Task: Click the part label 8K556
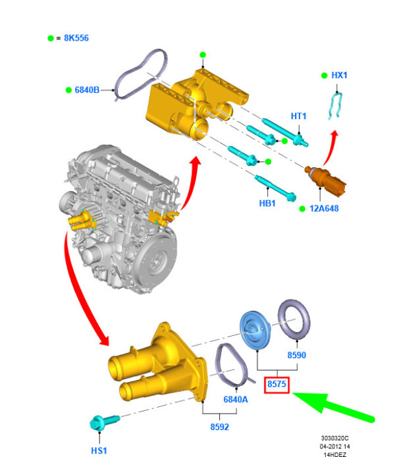click(76, 38)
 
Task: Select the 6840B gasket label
click(87, 90)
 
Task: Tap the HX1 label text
click(339, 75)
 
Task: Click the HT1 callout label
click(299, 116)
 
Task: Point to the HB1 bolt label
click(267, 203)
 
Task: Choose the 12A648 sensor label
click(324, 208)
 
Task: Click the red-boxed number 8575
click(276, 384)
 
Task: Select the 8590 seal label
click(296, 355)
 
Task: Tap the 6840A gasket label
click(236, 399)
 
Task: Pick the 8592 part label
click(220, 427)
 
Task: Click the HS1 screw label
click(99, 450)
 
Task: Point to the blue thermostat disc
click(255, 330)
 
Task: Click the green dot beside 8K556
click(51, 38)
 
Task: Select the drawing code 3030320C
click(334, 438)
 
